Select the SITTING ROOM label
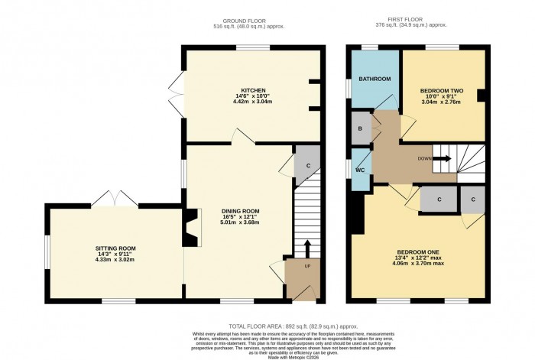(115, 248)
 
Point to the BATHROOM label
(374, 79)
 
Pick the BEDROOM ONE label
(417, 253)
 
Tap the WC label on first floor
(359, 170)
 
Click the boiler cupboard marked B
(359, 128)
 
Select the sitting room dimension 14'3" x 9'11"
(115, 255)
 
